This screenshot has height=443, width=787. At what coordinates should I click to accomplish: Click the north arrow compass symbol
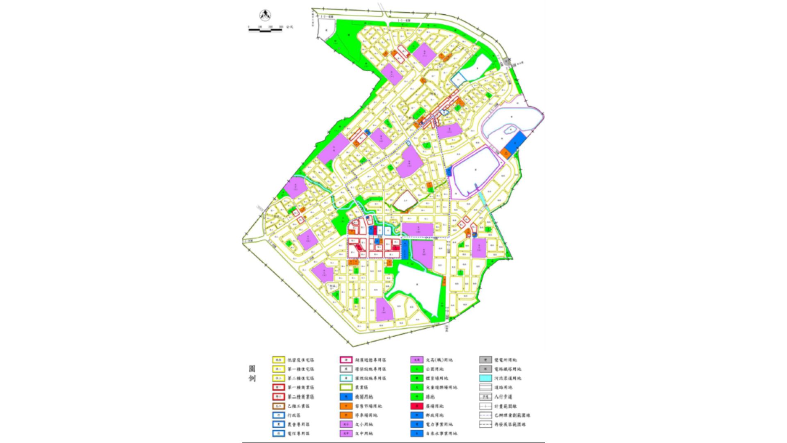(x=265, y=16)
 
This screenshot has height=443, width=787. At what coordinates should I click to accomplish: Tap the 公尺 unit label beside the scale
(x=289, y=27)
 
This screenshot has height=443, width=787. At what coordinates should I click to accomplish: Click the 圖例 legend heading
(x=252, y=373)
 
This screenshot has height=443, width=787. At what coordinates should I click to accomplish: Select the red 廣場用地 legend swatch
(x=416, y=406)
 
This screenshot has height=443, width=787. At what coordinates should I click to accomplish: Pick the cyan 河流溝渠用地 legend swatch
(x=485, y=378)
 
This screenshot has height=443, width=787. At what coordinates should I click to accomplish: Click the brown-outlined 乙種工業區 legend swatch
(x=279, y=406)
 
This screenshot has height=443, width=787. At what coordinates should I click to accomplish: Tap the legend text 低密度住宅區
(x=300, y=360)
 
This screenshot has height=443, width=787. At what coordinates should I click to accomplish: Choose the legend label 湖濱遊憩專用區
(x=370, y=360)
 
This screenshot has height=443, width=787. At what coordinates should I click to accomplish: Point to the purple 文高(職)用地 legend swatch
(x=416, y=360)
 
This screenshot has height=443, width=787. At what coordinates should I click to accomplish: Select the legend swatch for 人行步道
(x=485, y=397)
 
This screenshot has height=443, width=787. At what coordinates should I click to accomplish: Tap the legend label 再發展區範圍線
(x=510, y=425)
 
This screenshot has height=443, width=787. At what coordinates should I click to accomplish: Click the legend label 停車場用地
(x=366, y=415)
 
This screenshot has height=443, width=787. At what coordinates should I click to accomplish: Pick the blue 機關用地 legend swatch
(x=346, y=397)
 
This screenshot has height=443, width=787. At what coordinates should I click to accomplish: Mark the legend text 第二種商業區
(x=300, y=397)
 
